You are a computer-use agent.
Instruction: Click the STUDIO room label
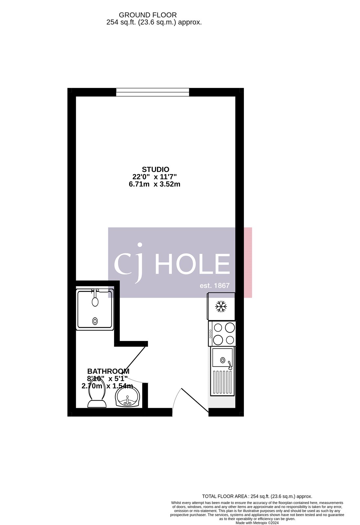tap(155, 169)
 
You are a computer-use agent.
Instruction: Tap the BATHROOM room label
tap(108, 371)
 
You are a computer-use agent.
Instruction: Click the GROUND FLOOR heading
tap(148, 15)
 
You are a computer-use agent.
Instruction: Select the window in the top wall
tap(152, 92)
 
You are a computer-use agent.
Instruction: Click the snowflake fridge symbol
tap(221, 307)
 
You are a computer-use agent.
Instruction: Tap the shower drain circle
tap(95, 321)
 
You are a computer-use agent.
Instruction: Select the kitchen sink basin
tap(222, 357)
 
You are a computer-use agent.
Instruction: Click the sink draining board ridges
tap(222, 382)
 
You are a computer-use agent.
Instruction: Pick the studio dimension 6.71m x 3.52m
tap(154, 184)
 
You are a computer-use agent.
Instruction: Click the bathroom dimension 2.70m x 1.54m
tap(107, 386)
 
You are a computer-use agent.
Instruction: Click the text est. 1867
tap(215, 285)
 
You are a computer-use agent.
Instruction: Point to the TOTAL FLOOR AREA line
tap(257, 496)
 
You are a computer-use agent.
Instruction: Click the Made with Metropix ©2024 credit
tap(257, 523)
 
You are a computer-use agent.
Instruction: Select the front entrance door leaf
tap(195, 400)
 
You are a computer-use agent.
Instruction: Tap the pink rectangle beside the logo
tap(248, 262)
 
